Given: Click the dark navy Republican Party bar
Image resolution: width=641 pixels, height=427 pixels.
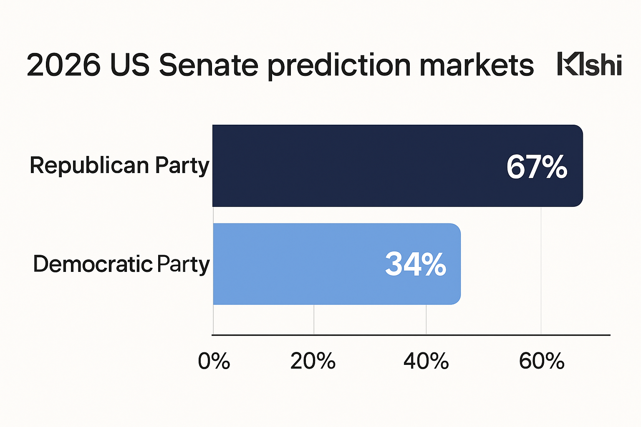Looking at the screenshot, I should point(355,166).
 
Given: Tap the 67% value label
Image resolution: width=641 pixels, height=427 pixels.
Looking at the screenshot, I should point(537,167).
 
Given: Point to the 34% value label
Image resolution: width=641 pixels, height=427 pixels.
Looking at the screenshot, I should point(416,264).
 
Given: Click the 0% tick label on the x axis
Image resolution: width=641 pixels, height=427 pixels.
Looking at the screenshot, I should point(214,361).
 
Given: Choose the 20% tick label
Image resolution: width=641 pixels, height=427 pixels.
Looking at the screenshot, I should point(313,361).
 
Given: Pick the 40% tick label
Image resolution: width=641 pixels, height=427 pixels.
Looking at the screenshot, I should point(426,361).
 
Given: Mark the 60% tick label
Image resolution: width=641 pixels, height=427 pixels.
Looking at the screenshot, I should point(541,361).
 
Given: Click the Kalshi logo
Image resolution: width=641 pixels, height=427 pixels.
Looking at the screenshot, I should point(589,65).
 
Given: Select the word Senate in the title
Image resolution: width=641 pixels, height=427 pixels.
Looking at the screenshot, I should point(209,65).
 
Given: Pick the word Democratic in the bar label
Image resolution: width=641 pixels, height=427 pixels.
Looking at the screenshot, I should point(93,264).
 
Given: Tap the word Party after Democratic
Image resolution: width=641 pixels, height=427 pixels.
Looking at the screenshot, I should point(183,265).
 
